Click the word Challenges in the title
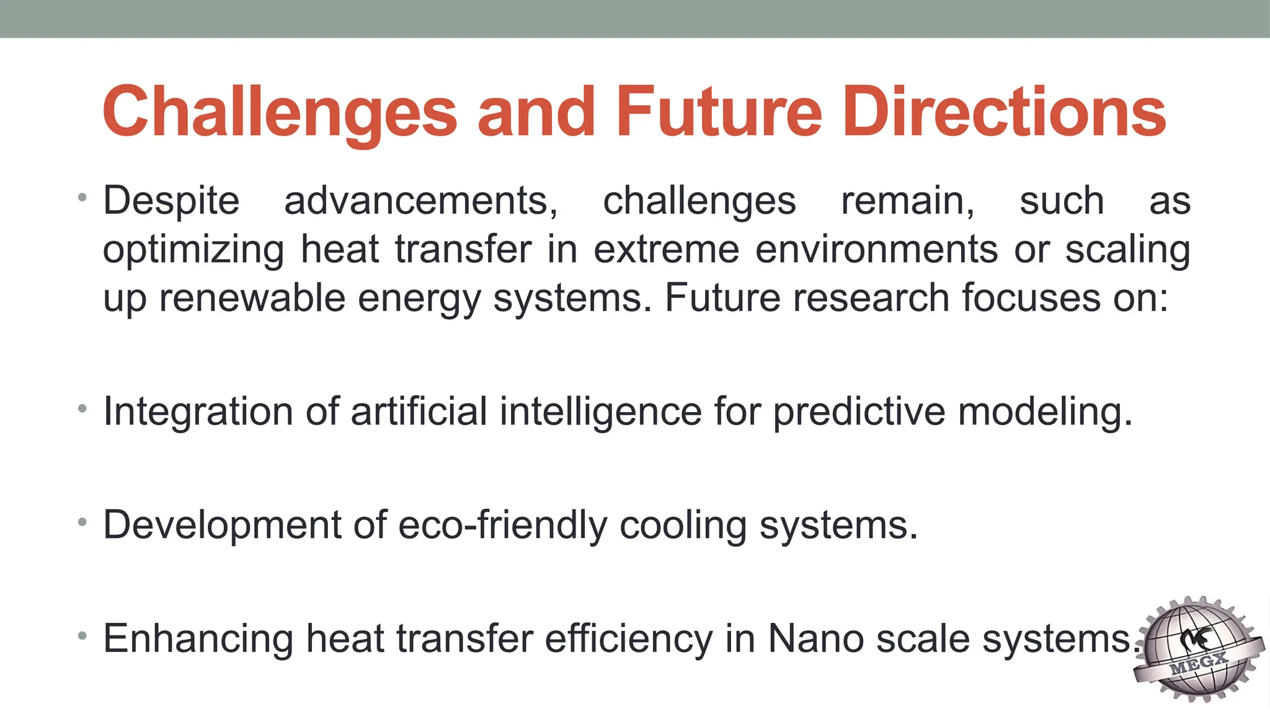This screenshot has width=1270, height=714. (280, 113)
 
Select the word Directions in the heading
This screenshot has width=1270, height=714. (1004, 113)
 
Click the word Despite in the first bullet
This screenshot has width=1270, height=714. (171, 201)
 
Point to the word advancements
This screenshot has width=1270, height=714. (421, 201)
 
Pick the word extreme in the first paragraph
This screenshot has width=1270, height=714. (667, 250)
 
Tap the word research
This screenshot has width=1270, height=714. (871, 298)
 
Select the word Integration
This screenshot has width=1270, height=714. (198, 412)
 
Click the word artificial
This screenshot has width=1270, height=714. (419, 412)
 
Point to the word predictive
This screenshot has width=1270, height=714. (859, 412)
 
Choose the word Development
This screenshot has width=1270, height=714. (221, 526)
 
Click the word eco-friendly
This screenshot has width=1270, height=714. (502, 526)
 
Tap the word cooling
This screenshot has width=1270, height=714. (683, 526)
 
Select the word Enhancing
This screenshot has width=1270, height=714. (198, 640)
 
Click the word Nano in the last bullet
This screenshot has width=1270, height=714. (815, 640)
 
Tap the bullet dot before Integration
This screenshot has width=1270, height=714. (82, 408)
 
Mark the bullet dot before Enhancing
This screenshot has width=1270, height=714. (82, 636)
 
